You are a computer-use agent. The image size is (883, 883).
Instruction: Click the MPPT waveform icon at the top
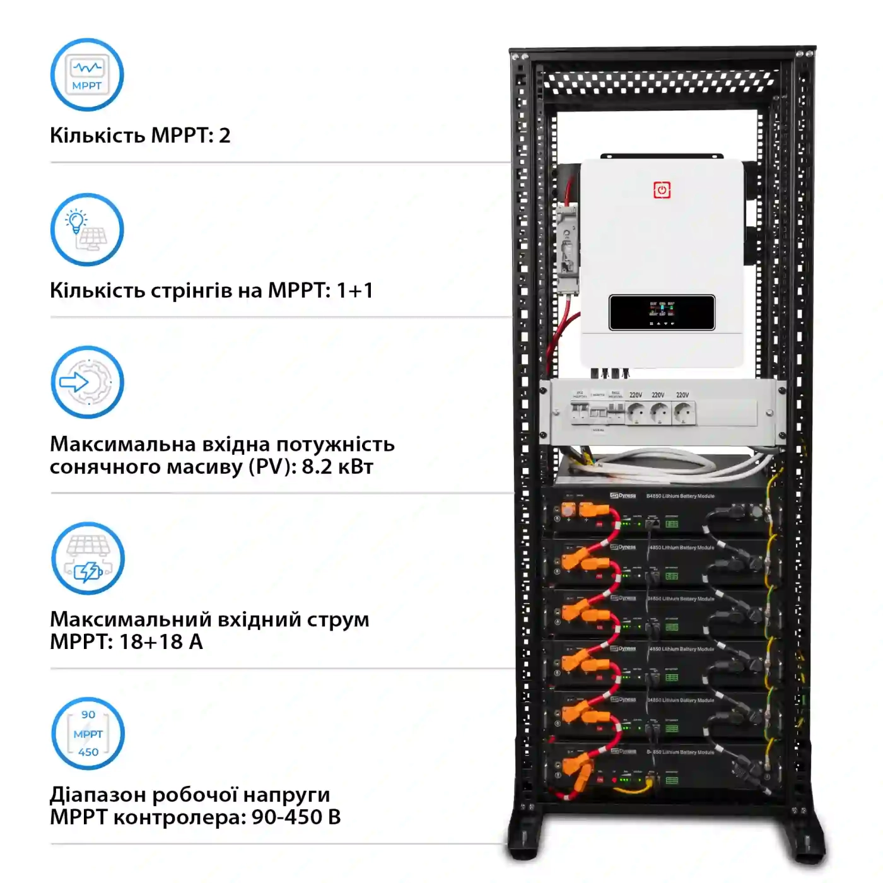click(x=87, y=74)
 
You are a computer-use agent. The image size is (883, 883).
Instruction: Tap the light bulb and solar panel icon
click(x=87, y=230)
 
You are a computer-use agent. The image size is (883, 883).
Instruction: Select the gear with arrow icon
click(x=87, y=382)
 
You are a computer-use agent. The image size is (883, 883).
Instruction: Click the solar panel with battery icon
click(x=88, y=558)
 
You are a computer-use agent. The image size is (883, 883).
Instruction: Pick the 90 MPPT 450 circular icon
click(x=88, y=734)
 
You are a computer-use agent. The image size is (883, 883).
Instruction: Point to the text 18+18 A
click(x=161, y=641)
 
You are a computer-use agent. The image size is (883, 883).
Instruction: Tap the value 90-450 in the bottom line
click(x=287, y=817)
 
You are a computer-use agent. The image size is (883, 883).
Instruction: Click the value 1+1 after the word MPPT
click(x=354, y=290)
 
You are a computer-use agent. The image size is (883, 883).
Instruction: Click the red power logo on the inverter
click(x=662, y=190)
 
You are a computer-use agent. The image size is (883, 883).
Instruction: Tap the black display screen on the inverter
click(x=662, y=312)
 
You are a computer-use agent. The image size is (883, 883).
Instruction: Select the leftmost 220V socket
click(x=636, y=414)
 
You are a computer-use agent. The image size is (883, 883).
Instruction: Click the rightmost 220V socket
click(x=683, y=414)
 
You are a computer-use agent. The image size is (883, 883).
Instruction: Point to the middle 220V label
click(x=658, y=395)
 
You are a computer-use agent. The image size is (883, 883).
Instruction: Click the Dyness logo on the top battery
click(x=623, y=496)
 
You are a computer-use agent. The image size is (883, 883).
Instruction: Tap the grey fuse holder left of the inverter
click(x=567, y=250)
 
